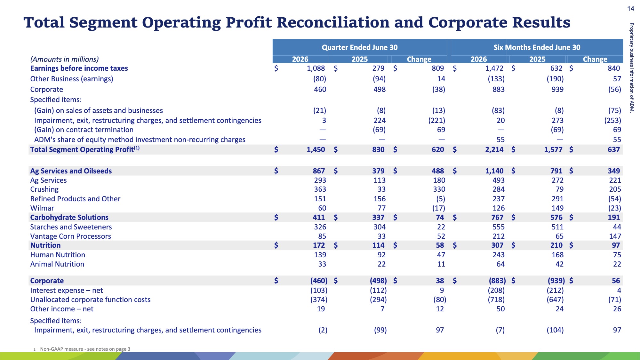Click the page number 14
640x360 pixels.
point(630,9)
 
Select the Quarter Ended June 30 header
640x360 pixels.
point(360,47)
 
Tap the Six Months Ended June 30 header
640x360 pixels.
point(537,47)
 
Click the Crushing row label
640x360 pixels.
point(44,189)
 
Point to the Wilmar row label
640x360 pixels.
point(42,208)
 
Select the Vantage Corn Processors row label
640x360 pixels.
point(70,236)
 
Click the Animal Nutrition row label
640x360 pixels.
point(57,264)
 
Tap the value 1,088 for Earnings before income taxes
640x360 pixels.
point(316,68)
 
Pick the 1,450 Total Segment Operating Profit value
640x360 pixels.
point(316,149)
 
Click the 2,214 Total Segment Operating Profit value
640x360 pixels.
point(494,149)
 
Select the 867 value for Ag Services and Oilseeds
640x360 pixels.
point(319,171)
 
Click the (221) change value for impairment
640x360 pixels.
point(437,120)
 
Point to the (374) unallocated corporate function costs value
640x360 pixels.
point(319,300)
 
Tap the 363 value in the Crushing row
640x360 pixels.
point(320,189)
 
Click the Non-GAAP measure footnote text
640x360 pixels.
point(85,349)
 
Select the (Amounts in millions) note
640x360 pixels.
point(64,59)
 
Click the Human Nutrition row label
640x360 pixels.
point(58,255)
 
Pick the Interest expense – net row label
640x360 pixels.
point(67,290)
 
